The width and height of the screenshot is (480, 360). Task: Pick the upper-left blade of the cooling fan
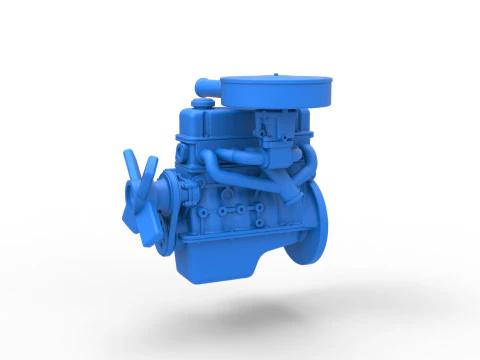click(130, 165)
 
